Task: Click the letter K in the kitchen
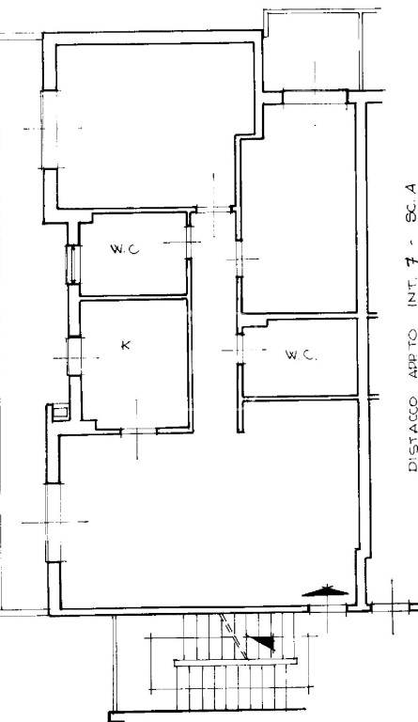125,345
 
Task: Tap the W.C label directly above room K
125,249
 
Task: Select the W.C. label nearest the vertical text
301,355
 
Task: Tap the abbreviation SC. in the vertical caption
411,221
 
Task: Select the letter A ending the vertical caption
412,190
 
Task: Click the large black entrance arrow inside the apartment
326,591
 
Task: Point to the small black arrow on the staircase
261,642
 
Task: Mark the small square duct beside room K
60,411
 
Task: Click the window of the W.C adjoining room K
72,264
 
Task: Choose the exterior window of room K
73,356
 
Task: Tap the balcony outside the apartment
313,50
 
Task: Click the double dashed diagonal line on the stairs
234,636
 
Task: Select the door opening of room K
138,431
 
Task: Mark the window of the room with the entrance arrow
54,522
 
